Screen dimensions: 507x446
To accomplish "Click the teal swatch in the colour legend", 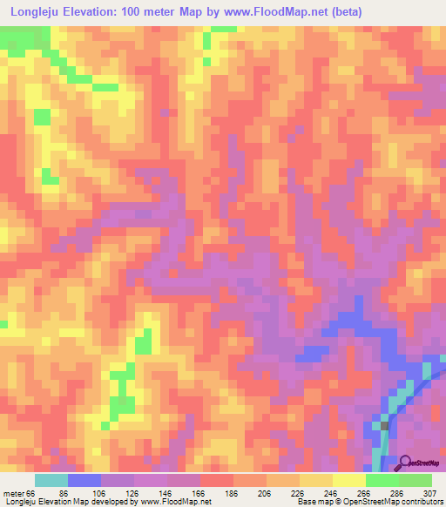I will pos(51,480).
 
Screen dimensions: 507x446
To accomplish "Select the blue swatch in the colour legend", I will pos(84,480).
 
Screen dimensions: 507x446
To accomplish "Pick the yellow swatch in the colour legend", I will pos(349,480).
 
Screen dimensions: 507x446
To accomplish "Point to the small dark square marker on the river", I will pos(384,426).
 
